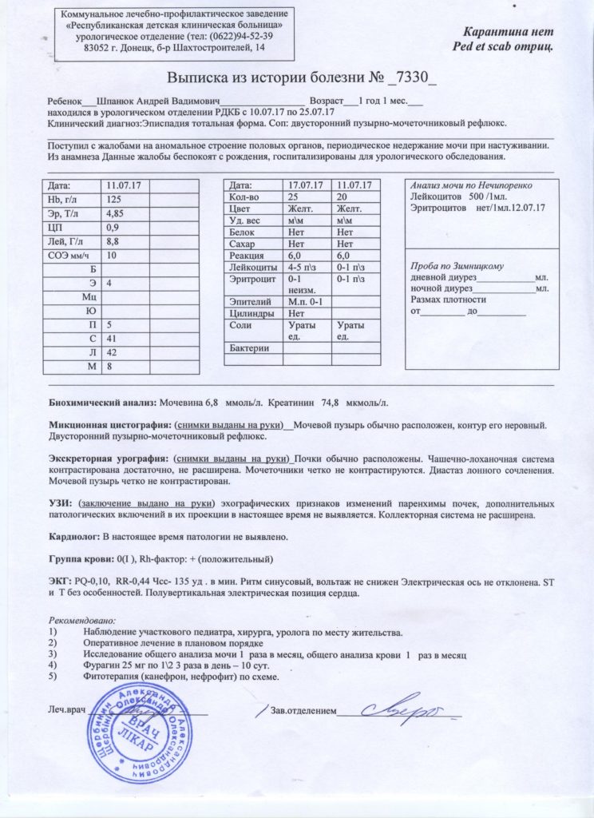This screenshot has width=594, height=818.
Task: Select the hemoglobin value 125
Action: (x=114, y=199)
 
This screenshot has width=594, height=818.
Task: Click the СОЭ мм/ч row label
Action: (x=65, y=256)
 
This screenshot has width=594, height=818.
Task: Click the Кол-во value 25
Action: (x=294, y=197)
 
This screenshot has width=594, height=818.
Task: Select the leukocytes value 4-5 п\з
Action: (x=302, y=266)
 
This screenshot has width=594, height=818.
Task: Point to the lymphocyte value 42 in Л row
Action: (x=113, y=352)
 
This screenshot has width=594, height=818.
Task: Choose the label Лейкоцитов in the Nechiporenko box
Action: (x=436, y=196)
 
